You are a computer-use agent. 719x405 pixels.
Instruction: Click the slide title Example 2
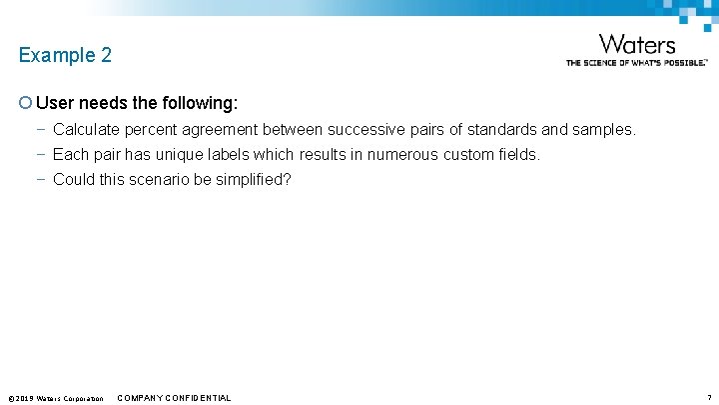click(x=65, y=56)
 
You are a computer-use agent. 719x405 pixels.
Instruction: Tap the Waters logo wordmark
click(x=637, y=45)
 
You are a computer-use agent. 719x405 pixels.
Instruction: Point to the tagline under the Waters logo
click(x=637, y=62)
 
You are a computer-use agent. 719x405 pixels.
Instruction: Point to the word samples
click(x=603, y=130)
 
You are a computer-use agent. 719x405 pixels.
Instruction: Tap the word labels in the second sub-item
click(x=227, y=155)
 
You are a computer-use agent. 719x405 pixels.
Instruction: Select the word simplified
click(x=254, y=180)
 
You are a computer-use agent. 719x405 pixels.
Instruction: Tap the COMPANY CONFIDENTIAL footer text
click(x=174, y=398)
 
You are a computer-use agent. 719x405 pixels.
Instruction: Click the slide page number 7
click(x=708, y=398)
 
